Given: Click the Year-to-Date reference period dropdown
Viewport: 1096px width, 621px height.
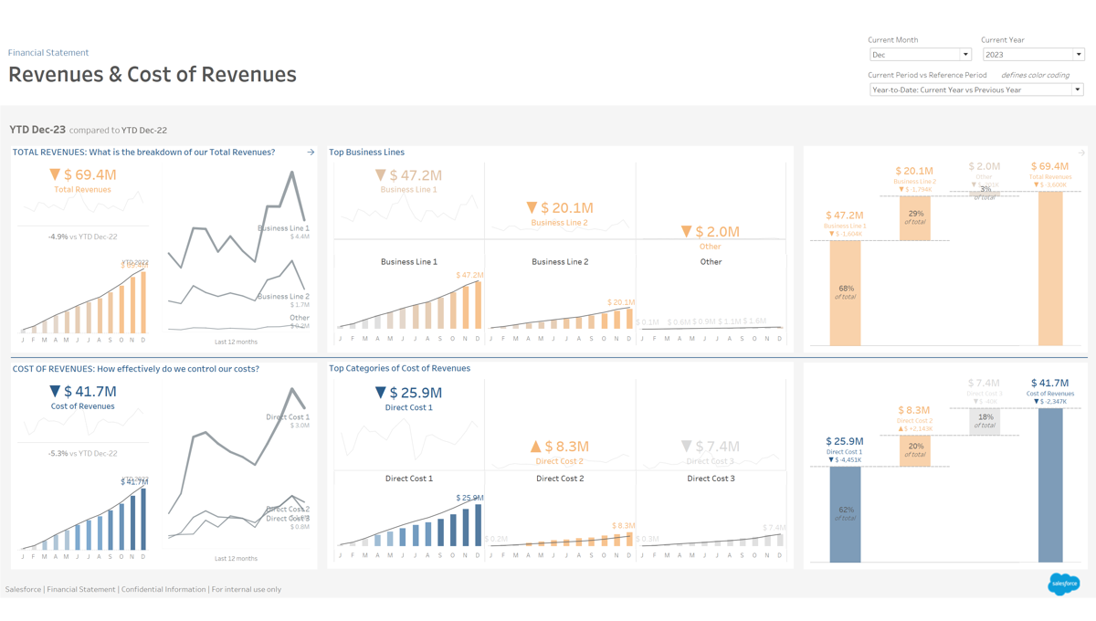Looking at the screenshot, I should pyautogui.click(x=975, y=89).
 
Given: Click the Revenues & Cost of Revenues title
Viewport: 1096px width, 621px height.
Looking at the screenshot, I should pyautogui.click(x=153, y=74).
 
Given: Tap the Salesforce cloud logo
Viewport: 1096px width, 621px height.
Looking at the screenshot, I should pyautogui.click(x=1063, y=584).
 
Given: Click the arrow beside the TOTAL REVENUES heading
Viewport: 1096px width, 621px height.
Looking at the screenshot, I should pyautogui.click(x=311, y=153).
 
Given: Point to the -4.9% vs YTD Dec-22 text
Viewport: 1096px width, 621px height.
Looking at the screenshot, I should pyautogui.click(x=82, y=237).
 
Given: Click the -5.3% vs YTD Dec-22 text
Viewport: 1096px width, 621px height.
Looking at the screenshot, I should pyautogui.click(x=82, y=453).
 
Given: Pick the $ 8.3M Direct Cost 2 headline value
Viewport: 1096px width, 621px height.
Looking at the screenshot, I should pyautogui.click(x=559, y=447).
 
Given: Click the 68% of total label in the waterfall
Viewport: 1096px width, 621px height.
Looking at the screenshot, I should pyautogui.click(x=845, y=292).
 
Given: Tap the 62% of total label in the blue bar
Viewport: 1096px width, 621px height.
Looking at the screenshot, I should pyautogui.click(x=845, y=514).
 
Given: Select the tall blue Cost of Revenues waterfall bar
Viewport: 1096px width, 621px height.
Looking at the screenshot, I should pyautogui.click(x=1050, y=484).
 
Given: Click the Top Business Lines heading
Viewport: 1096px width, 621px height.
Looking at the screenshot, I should pyautogui.click(x=366, y=153).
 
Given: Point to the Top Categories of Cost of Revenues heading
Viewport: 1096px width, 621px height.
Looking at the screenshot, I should pyautogui.click(x=399, y=369).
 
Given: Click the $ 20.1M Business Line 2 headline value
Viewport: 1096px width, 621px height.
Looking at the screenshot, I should pyautogui.click(x=559, y=208).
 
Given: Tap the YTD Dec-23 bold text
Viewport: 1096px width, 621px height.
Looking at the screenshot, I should pyautogui.click(x=37, y=130).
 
